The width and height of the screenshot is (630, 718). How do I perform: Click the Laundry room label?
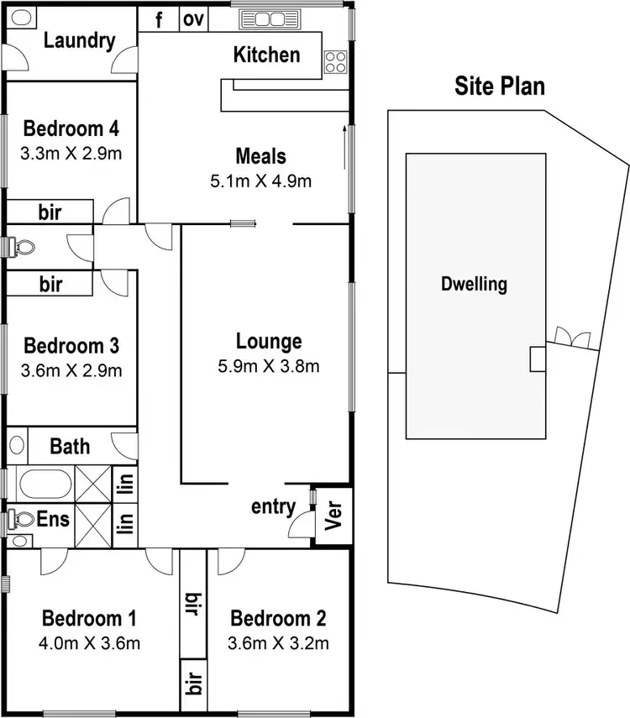[79, 40]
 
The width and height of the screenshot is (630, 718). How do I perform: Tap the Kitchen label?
[266, 55]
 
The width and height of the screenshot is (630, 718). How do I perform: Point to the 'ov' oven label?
[194, 19]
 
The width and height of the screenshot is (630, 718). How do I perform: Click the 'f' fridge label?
[160, 19]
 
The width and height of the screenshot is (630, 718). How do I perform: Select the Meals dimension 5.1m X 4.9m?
[260, 181]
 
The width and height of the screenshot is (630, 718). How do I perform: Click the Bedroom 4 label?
[71, 129]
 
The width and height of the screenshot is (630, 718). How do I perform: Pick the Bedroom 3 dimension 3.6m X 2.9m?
[71, 369]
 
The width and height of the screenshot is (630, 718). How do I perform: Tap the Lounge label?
[269, 342]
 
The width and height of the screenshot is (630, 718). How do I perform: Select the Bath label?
[70, 445]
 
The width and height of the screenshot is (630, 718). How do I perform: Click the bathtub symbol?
[41, 485]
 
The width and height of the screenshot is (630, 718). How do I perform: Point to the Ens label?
[53, 519]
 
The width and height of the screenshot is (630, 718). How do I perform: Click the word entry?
[273, 506]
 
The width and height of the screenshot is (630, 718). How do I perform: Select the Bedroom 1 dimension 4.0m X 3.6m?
[90, 643]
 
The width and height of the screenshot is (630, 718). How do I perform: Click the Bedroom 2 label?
[278, 620]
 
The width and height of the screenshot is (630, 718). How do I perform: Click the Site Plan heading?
[500, 86]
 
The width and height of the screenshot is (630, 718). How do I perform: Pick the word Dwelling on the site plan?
[475, 284]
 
